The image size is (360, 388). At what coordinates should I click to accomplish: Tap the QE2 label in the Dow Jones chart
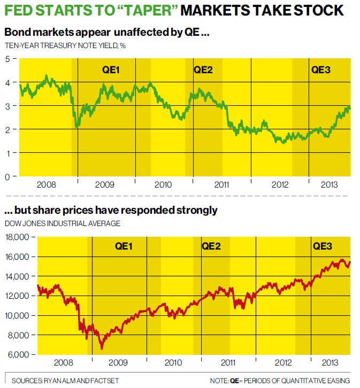pos(211,246)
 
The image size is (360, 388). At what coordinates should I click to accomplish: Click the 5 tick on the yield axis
pos(7,59)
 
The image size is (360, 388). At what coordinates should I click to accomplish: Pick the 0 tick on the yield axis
pos(7,176)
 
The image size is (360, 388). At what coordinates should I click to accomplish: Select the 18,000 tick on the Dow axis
pos(18,237)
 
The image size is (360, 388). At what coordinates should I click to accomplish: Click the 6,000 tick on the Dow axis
pos(19,354)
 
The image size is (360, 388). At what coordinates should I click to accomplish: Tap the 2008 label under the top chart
pos(47,185)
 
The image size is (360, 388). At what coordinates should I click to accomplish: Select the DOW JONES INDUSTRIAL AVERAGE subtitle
pos(63,223)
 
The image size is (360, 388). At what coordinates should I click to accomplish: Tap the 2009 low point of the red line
pos(102,348)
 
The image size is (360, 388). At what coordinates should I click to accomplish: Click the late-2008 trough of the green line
pos(78,126)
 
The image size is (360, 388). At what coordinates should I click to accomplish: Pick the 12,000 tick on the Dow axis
pos(18,296)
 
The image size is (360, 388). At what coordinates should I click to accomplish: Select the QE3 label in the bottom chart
pos(323,246)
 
